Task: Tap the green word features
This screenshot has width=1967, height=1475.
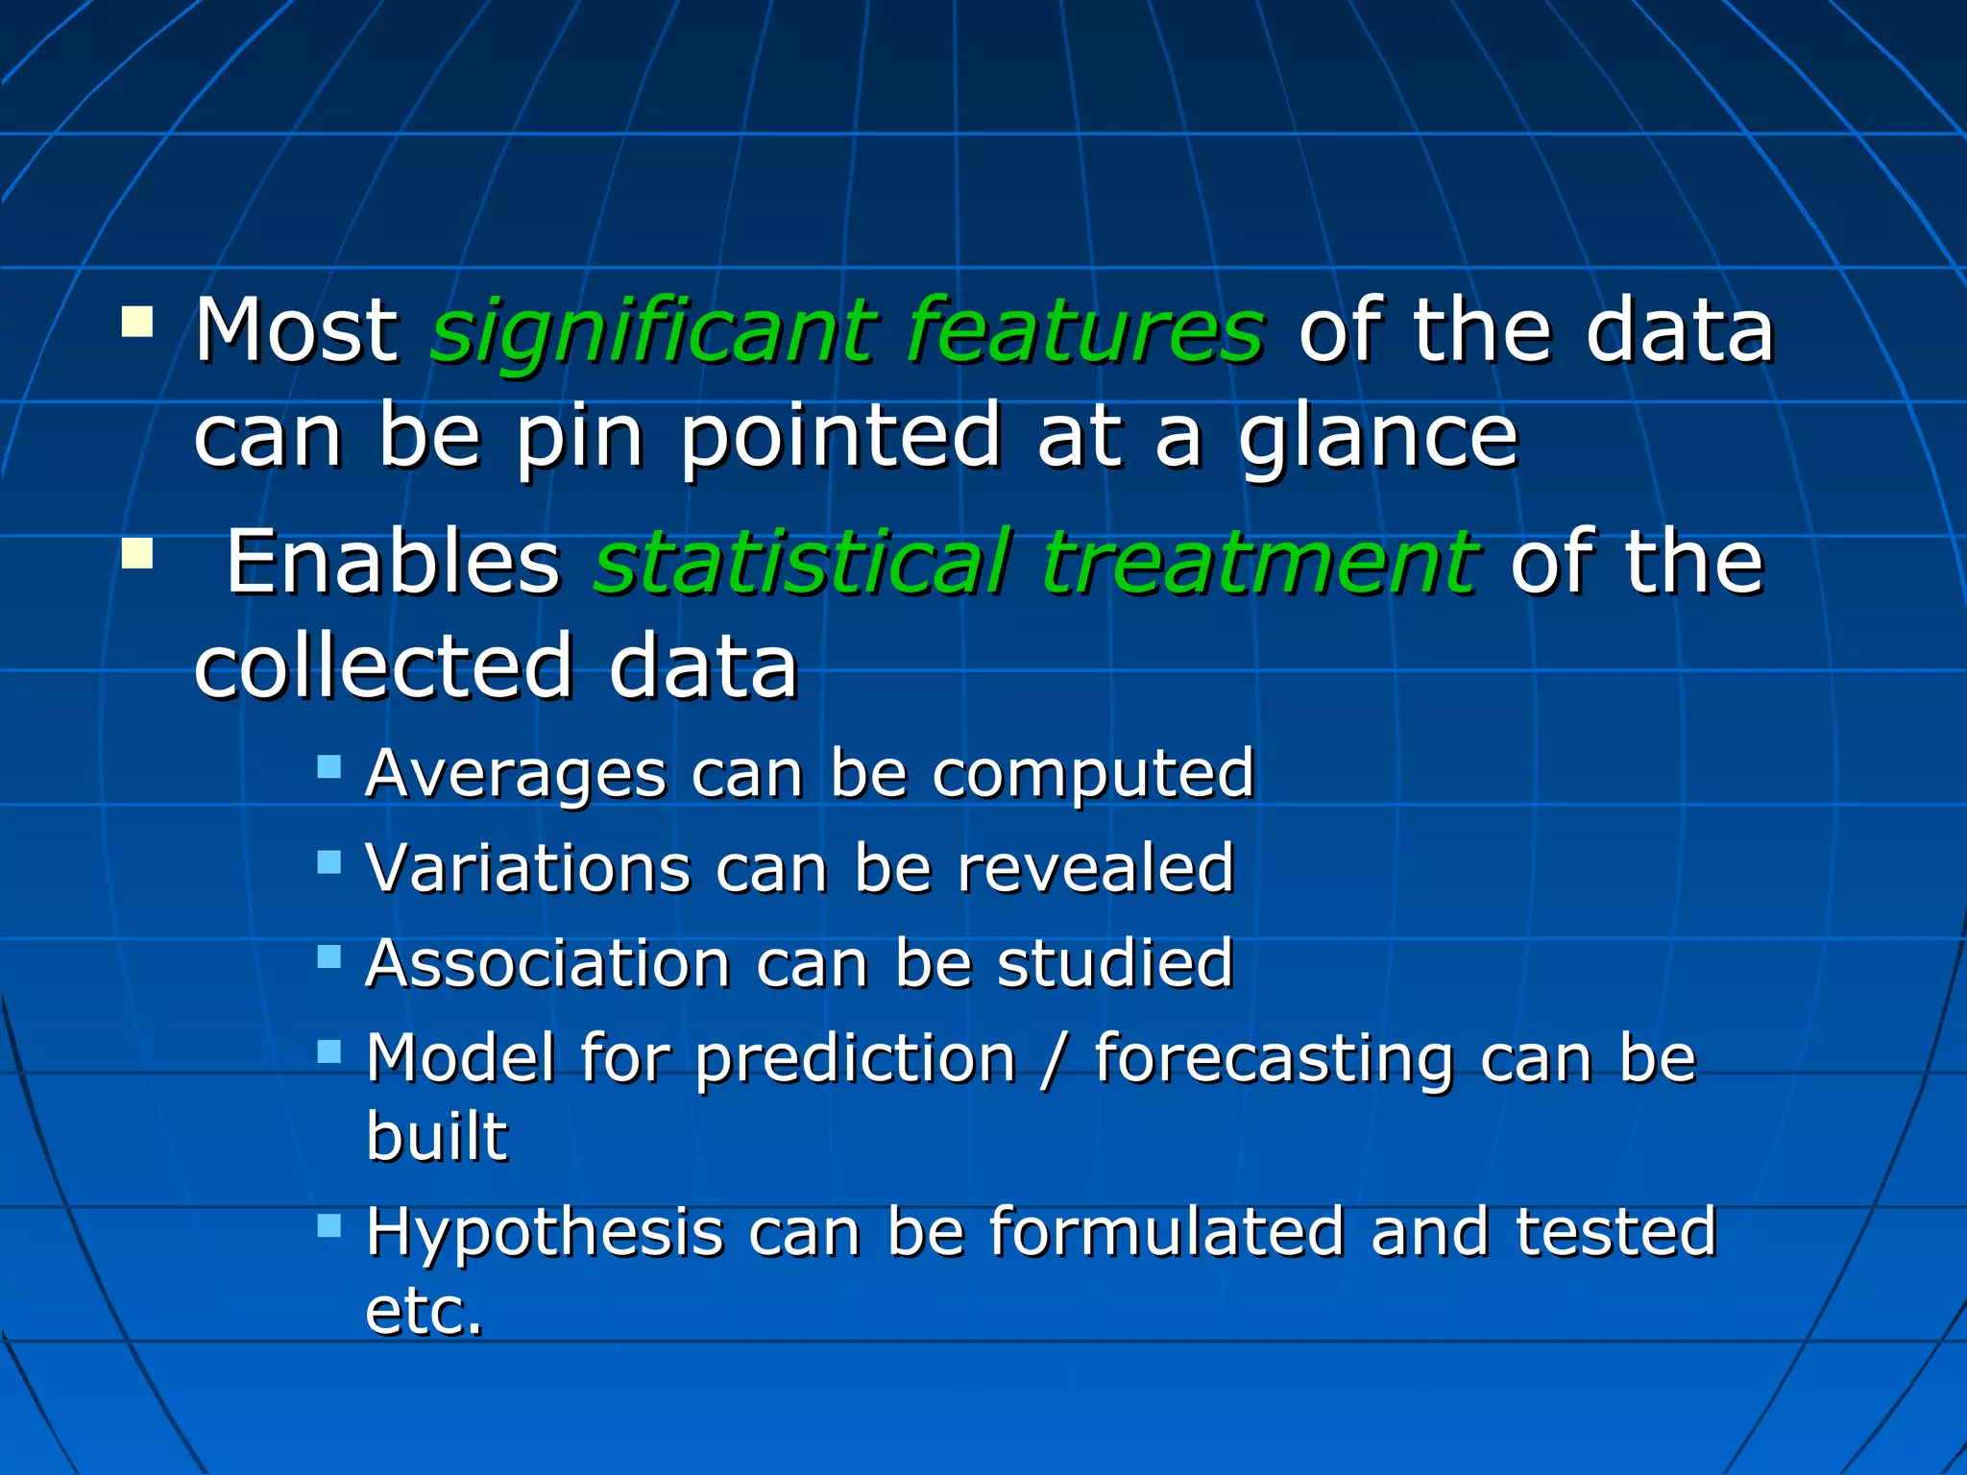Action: click(x=1085, y=331)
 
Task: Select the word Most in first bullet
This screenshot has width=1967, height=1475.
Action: click(x=296, y=331)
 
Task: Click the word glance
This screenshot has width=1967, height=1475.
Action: click(x=1377, y=437)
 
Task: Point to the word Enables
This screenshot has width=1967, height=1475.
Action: click(x=393, y=563)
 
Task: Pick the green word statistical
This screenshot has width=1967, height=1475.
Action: click(x=802, y=563)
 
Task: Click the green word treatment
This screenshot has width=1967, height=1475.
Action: click(x=1259, y=563)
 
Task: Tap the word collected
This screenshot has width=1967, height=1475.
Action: click(x=383, y=666)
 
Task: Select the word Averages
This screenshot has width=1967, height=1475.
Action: click(x=516, y=773)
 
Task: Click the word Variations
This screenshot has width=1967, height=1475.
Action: click(x=527, y=868)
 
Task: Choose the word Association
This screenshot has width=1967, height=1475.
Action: click(x=548, y=963)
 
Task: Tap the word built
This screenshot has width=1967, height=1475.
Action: click(x=436, y=1137)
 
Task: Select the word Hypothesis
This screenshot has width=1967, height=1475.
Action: click(x=544, y=1233)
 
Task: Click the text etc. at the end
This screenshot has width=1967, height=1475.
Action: click(x=424, y=1312)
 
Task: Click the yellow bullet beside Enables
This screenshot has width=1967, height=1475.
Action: click(x=137, y=553)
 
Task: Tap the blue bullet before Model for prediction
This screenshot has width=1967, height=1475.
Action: click(x=329, y=1052)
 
